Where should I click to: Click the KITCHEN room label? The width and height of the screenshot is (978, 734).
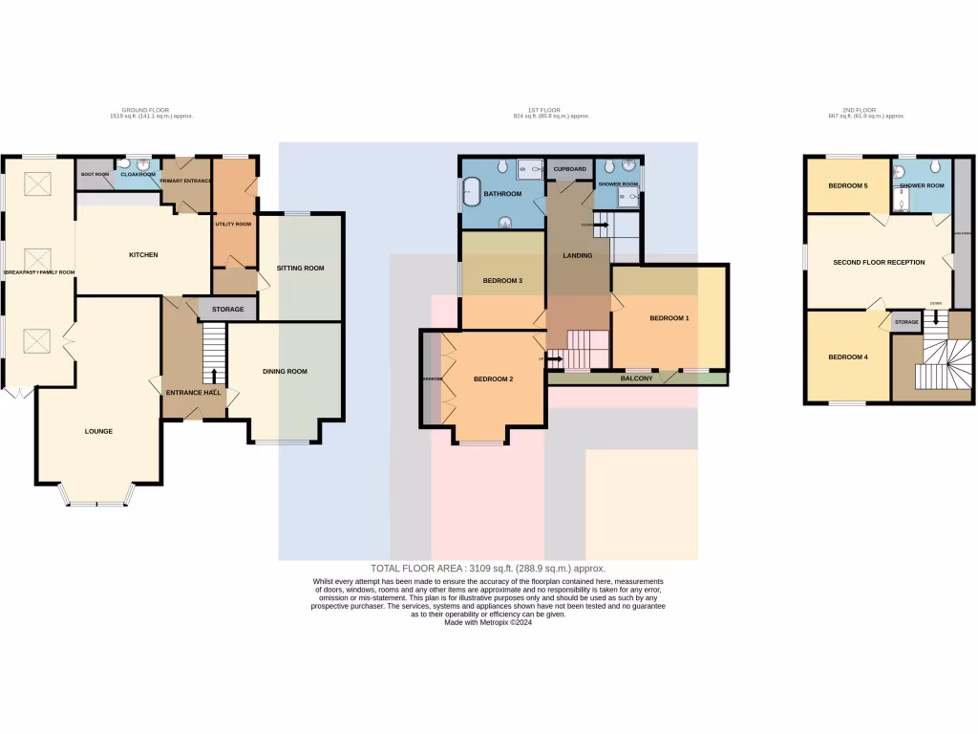pyautogui.click(x=143, y=255)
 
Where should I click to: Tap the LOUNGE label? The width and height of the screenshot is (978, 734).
pyautogui.click(x=98, y=431)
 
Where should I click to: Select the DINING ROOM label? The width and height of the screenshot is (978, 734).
pyautogui.click(x=285, y=371)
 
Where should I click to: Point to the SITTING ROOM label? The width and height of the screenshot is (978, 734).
pyautogui.click(x=301, y=269)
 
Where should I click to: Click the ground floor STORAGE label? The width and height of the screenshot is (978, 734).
pyautogui.click(x=228, y=310)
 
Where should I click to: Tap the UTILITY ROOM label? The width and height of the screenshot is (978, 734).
pyautogui.click(x=233, y=225)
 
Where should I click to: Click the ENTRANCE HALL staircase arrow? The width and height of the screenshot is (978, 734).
pyautogui.click(x=214, y=375)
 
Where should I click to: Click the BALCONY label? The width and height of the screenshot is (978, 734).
pyautogui.click(x=637, y=378)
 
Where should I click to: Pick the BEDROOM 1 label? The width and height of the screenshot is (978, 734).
pyautogui.click(x=669, y=318)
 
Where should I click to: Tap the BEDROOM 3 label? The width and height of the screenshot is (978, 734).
pyautogui.click(x=502, y=281)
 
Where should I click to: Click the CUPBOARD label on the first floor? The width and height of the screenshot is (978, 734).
pyautogui.click(x=569, y=168)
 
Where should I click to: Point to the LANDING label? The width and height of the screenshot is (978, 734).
pyautogui.click(x=578, y=255)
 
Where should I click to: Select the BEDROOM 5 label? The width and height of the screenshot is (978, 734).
pyautogui.click(x=847, y=185)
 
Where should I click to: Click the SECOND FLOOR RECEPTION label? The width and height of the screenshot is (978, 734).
pyautogui.click(x=879, y=262)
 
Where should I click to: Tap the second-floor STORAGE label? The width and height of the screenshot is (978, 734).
pyautogui.click(x=906, y=322)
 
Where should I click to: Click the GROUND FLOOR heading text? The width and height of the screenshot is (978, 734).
pyautogui.click(x=145, y=110)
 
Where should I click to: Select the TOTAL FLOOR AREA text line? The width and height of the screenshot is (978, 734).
pyautogui.click(x=488, y=568)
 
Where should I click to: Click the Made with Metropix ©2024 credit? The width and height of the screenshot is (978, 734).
pyautogui.click(x=488, y=622)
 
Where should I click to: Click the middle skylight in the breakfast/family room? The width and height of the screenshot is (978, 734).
pyautogui.click(x=38, y=258)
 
